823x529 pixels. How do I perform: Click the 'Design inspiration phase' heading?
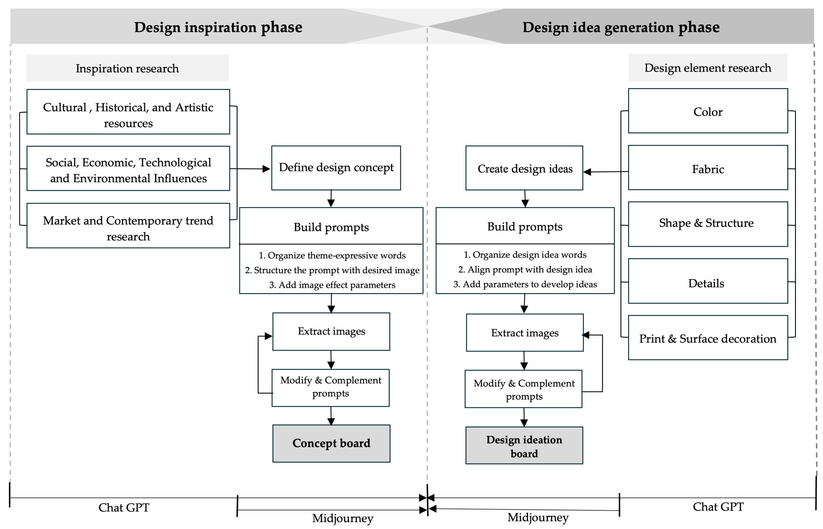218,27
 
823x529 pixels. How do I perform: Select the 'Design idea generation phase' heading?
621,27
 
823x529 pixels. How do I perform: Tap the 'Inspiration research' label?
127,68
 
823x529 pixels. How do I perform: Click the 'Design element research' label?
708,68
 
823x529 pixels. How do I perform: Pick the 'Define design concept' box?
336,168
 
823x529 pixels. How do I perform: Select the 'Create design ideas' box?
524,168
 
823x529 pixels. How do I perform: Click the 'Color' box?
708,111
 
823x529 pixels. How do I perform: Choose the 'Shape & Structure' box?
708,224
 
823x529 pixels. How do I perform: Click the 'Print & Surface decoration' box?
708,338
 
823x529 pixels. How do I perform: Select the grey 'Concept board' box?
331,443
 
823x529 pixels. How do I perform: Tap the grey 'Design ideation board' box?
524,446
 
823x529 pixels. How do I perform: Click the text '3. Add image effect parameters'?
332,285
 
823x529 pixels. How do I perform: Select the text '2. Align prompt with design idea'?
525,269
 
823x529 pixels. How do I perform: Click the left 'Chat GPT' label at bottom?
124,507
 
